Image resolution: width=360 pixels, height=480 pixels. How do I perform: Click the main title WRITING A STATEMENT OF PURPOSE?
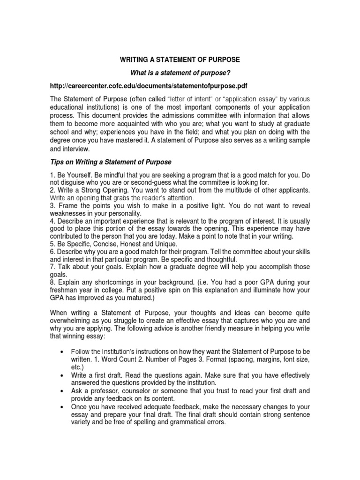tap(180, 60)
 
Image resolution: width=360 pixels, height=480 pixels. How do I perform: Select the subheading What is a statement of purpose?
tap(180, 73)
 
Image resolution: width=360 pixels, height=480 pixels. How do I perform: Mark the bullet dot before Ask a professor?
tap(63, 390)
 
